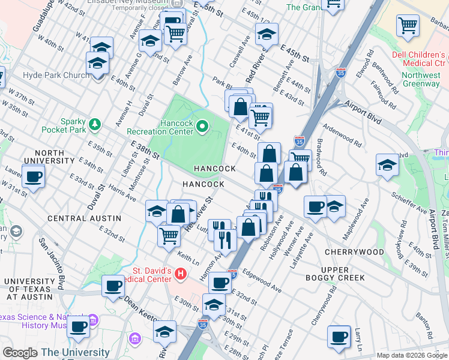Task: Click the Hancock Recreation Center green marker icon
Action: coord(202,126)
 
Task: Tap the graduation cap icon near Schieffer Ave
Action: coord(387,165)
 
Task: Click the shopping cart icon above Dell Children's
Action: coord(408,26)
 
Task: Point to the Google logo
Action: coord(20,353)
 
